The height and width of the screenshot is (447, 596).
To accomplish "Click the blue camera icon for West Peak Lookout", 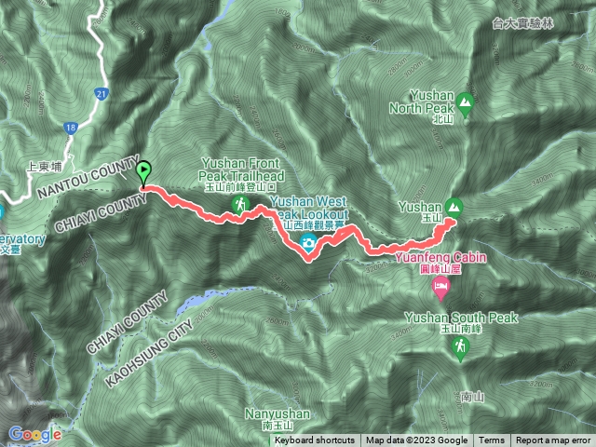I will pyautogui.click(x=307, y=244).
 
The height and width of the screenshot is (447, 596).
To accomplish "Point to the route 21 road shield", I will pyautogui.click(x=102, y=93).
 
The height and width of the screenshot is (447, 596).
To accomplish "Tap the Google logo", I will pyautogui.click(x=35, y=434).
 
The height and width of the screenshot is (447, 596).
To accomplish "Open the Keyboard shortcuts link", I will pyautogui.click(x=314, y=440).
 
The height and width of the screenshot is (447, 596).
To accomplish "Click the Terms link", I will pyautogui.click(x=492, y=440).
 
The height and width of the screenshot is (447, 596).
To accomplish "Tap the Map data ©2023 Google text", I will pyautogui.click(x=416, y=440).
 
